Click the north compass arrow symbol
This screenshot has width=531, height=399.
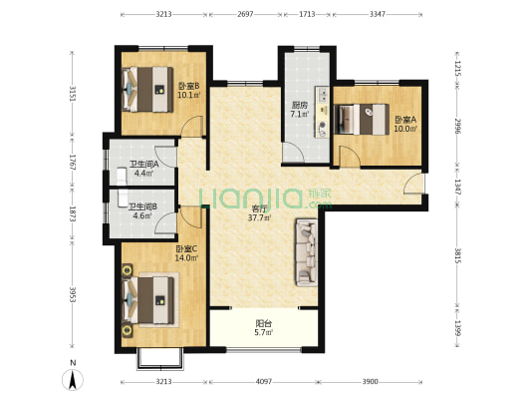pyautogui.click(x=73, y=379)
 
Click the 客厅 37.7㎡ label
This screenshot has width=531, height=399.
pyautogui.click(x=259, y=213)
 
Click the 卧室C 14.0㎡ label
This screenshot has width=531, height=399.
pyautogui.click(x=186, y=253)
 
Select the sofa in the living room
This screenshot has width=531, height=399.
pyautogui.click(x=307, y=252)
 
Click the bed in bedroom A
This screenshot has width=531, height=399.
pyautogui.click(x=362, y=119)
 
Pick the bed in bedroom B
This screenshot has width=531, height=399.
pyautogui.click(x=147, y=89)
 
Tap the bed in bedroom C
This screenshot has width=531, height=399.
pyautogui.click(x=148, y=300)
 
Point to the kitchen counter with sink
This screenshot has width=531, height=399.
pyautogui.click(x=323, y=112)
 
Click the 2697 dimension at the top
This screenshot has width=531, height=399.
pyautogui.click(x=245, y=14)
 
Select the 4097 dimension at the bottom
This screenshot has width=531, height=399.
pyautogui.click(x=264, y=382)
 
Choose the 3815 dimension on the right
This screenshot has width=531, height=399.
pyautogui.click(x=457, y=256)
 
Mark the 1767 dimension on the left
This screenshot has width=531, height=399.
pyautogui.click(x=72, y=163)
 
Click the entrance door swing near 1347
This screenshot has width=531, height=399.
pyautogui.click(x=413, y=184)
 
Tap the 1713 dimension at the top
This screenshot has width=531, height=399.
pyautogui.click(x=307, y=14)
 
